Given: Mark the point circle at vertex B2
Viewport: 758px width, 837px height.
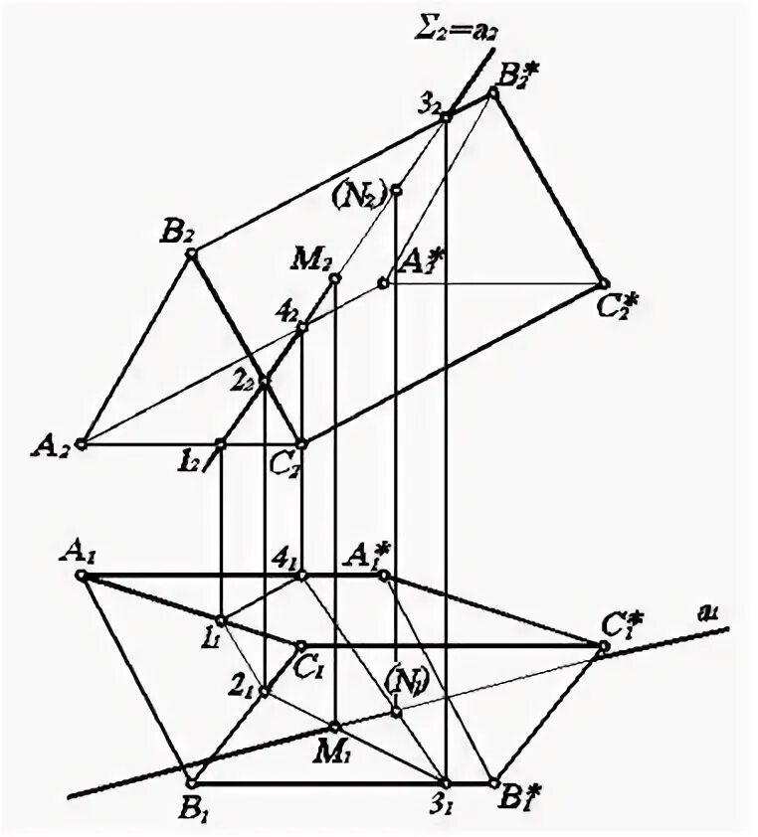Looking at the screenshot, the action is pyautogui.click(x=191, y=253).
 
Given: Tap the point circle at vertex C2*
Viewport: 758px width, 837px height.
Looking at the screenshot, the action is pyautogui.click(x=602, y=282).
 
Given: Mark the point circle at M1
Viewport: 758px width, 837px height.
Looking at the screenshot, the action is pyautogui.click(x=335, y=727).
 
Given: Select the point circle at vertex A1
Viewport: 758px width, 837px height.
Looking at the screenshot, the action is pyautogui.click(x=84, y=575).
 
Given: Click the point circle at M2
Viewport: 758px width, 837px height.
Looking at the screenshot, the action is pyautogui.click(x=335, y=278).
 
